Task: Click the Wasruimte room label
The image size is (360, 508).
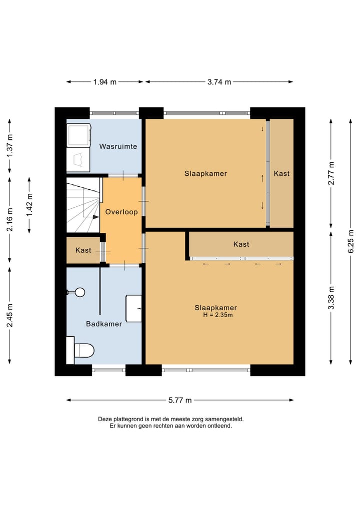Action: (118, 146)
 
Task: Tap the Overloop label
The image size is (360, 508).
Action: (121, 212)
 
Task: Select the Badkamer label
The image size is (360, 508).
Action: (104, 324)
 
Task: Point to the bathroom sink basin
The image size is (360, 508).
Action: (133, 308)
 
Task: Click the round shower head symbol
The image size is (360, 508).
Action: (80, 292)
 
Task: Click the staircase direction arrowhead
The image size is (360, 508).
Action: (95, 217)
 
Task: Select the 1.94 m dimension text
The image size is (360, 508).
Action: (105, 82)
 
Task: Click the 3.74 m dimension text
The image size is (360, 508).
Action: (219, 82)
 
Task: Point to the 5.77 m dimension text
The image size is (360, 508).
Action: (180, 400)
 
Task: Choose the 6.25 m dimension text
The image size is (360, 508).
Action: (350, 241)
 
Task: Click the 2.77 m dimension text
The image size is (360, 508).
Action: (331, 173)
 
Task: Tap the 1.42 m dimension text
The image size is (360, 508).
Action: (29, 205)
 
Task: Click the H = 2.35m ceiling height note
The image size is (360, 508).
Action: (218, 315)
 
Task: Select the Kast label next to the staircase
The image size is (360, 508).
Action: (83, 250)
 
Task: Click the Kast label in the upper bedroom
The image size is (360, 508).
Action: (281, 174)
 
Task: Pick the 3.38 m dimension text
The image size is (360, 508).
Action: (331, 298)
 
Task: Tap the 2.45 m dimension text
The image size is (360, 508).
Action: (9, 315)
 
